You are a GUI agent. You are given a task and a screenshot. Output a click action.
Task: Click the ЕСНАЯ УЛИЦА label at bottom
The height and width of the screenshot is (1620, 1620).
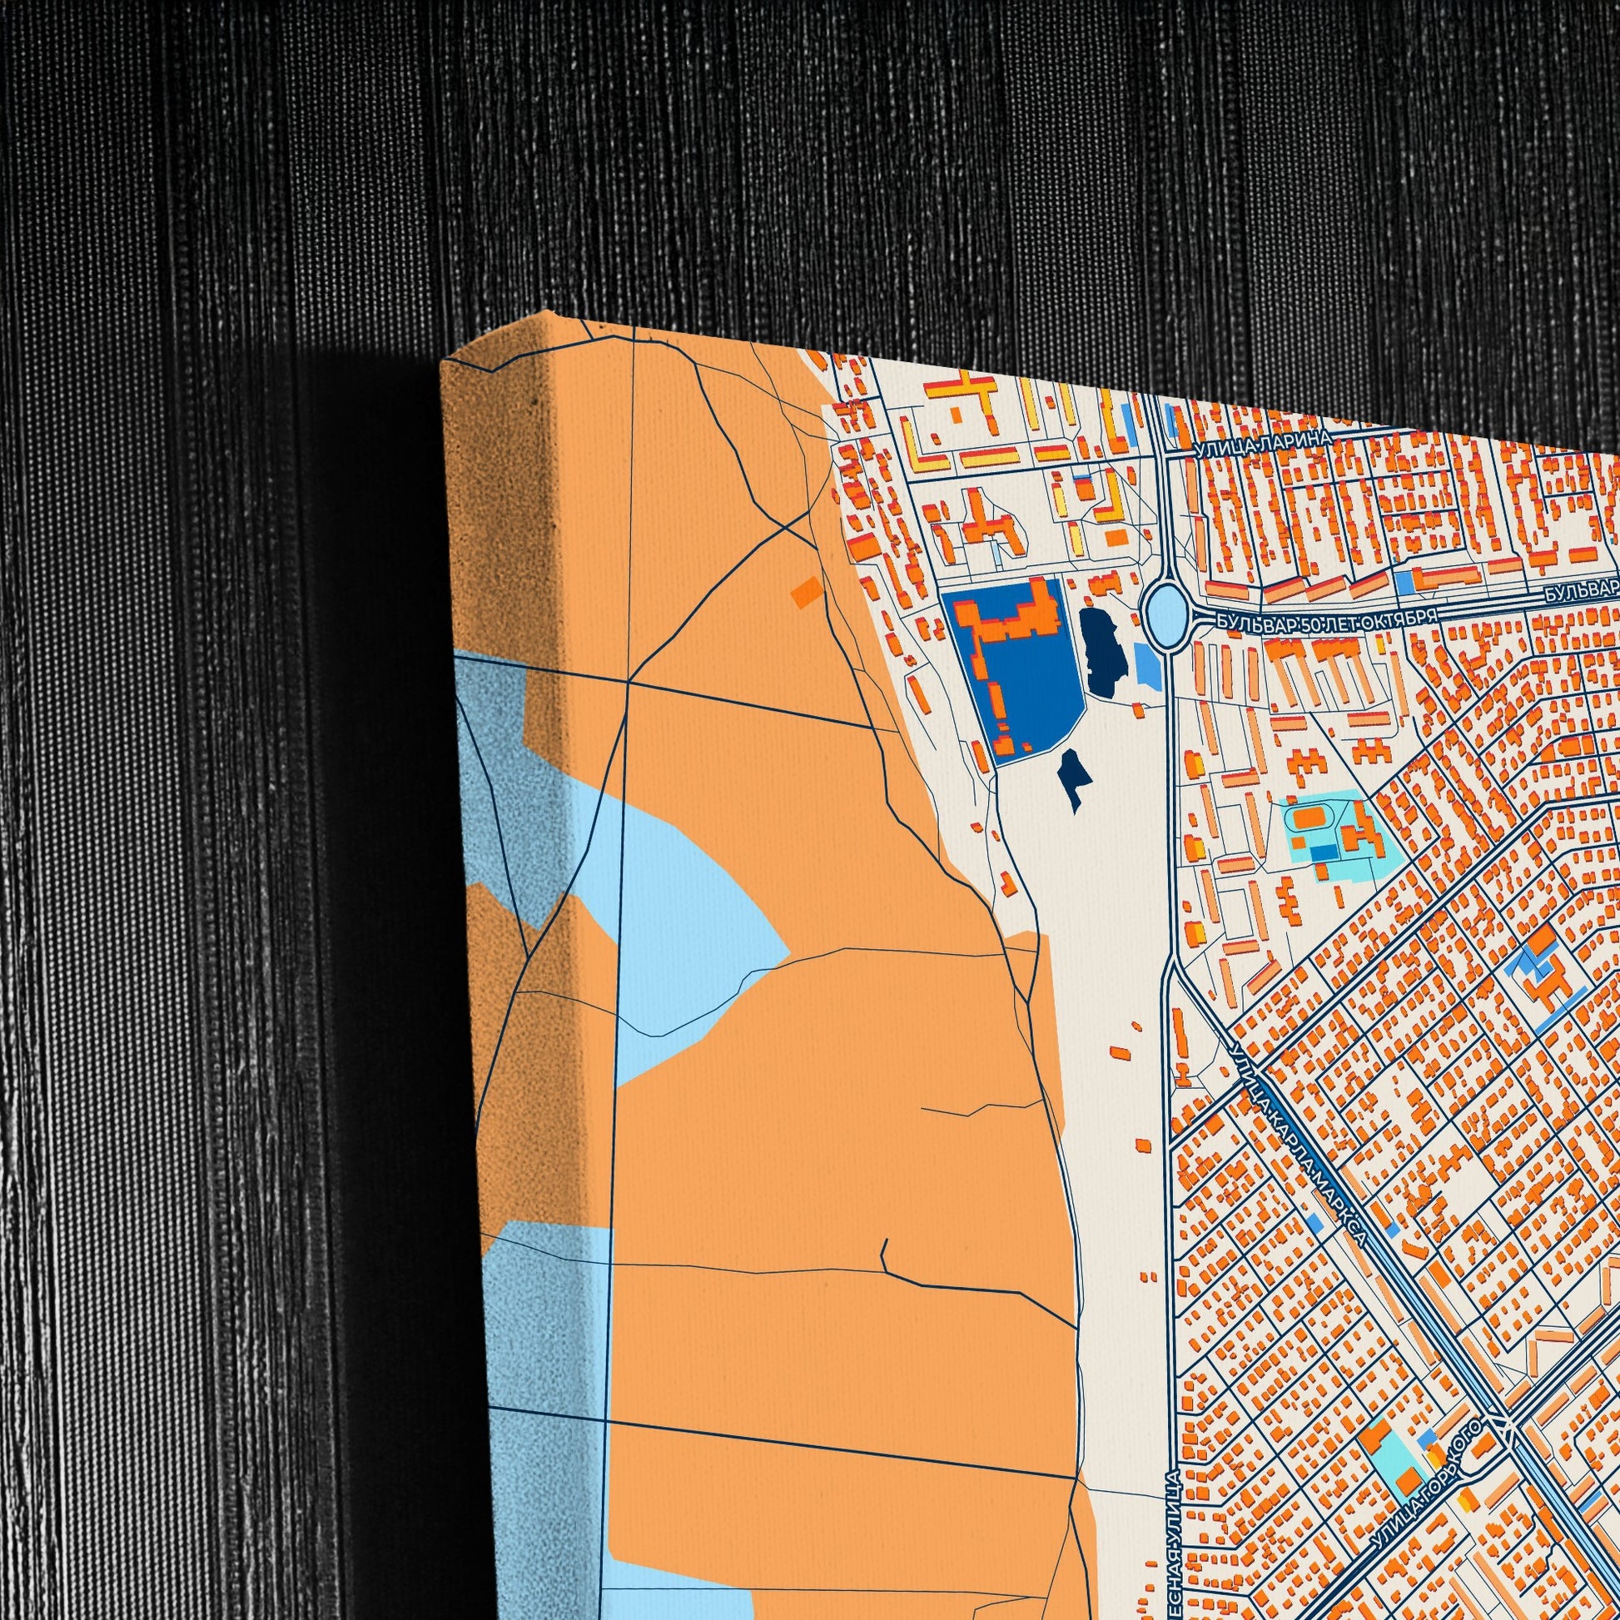point(1173,1543)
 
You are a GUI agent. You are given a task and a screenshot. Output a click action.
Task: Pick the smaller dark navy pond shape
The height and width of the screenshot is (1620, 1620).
point(1071,778)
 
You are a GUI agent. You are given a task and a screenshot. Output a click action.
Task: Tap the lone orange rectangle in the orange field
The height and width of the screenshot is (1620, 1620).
point(808,590)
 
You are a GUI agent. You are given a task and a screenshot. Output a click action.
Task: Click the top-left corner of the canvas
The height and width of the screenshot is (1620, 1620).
point(445,364)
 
